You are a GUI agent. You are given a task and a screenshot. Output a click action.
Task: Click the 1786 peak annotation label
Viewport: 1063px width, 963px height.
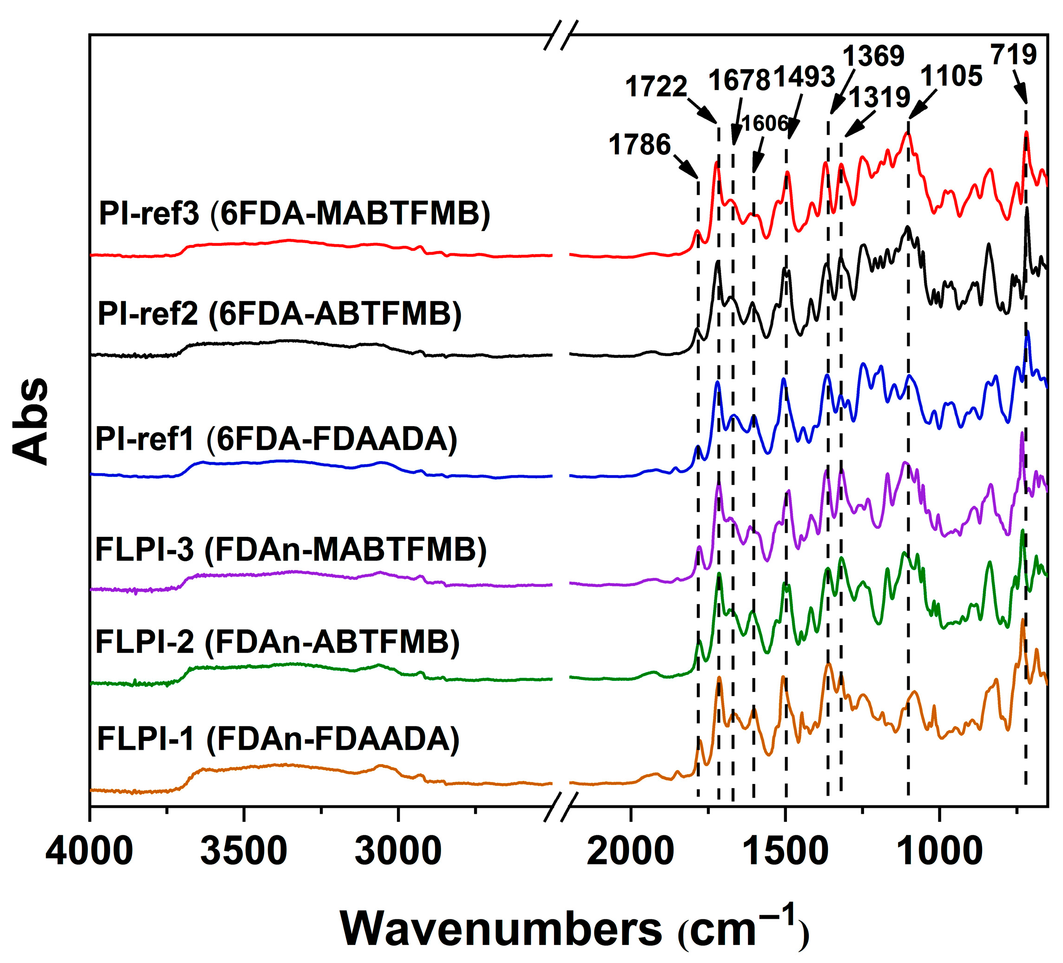pyautogui.click(x=639, y=145)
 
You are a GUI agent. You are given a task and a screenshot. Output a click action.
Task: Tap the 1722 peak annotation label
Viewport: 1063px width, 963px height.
pyautogui.click(x=656, y=86)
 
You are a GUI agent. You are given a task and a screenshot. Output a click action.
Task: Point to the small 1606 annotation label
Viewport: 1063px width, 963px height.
pyautogui.click(x=765, y=124)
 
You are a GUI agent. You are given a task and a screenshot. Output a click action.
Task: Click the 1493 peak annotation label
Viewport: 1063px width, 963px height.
pyautogui.click(x=804, y=77)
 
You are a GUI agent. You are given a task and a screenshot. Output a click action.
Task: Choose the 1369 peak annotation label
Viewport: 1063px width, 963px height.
pyautogui.click(x=874, y=56)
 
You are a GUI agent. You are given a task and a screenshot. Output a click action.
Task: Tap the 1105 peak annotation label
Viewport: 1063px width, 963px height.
pyautogui.click(x=951, y=77)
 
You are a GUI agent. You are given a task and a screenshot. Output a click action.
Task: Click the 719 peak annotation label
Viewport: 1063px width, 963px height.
pyautogui.click(x=1013, y=54)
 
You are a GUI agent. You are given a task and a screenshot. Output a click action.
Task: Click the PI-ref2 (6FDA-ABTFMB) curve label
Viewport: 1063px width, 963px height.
pyautogui.click(x=279, y=314)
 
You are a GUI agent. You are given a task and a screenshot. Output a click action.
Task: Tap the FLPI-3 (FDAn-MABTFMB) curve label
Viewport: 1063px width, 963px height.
pyautogui.click(x=291, y=550)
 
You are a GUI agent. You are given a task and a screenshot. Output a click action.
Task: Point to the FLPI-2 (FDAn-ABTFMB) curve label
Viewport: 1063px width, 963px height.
pyautogui.click(x=277, y=642)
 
